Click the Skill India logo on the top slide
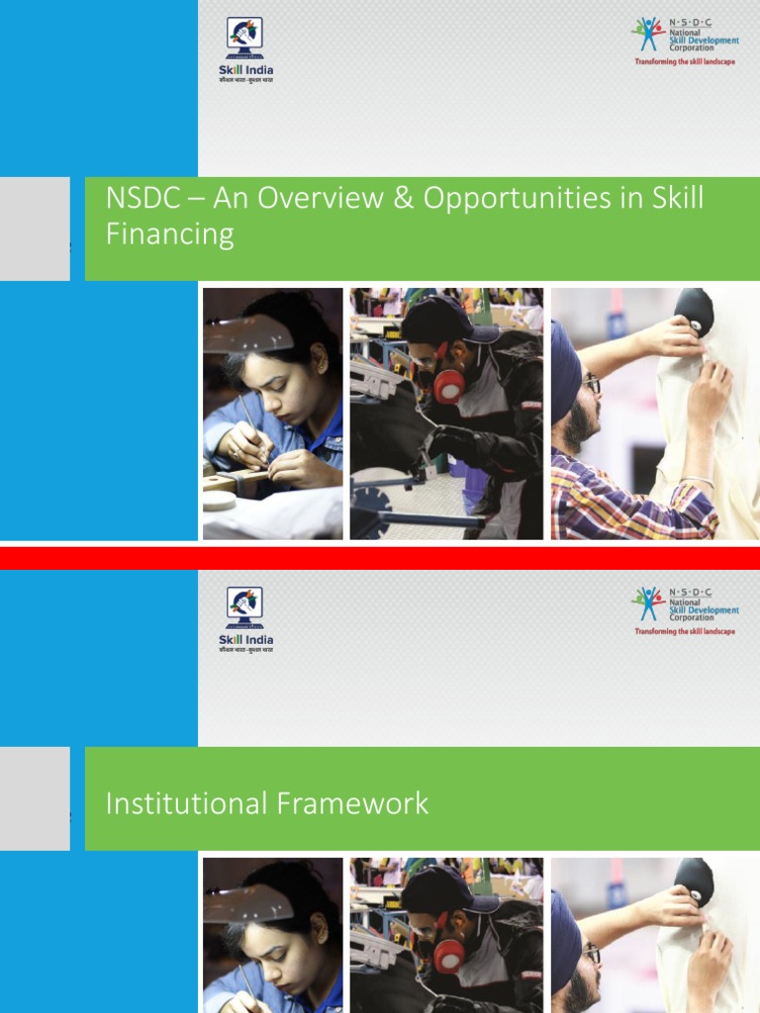[x=245, y=49]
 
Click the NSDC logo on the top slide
[x=686, y=36]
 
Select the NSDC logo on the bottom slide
[x=686, y=605]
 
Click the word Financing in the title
[x=169, y=234]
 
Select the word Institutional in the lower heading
[x=176, y=803]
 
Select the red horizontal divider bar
[x=380, y=558]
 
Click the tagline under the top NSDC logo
[x=685, y=61]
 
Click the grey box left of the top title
[x=35, y=229]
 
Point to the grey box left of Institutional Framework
[x=35, y=798]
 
